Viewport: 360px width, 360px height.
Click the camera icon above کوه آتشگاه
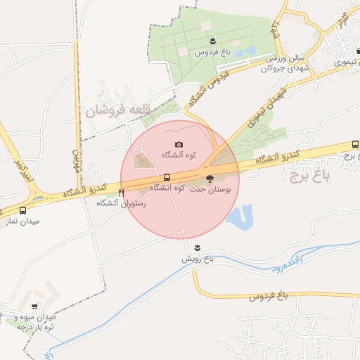click(179, 145)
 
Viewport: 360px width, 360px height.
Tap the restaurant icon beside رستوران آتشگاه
click(122, 192)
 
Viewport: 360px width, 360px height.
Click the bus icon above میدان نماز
click(23, 210)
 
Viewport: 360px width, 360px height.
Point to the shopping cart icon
click(34, 307)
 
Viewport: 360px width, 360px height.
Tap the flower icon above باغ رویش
click(198, 247)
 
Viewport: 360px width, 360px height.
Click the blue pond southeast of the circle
click(241, 216)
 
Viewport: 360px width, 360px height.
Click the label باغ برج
click(307, 174)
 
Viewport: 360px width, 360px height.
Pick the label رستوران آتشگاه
click(121, 202)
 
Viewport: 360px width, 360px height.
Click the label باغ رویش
click(198, 259)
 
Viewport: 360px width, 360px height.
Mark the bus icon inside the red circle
click(167, 177)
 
